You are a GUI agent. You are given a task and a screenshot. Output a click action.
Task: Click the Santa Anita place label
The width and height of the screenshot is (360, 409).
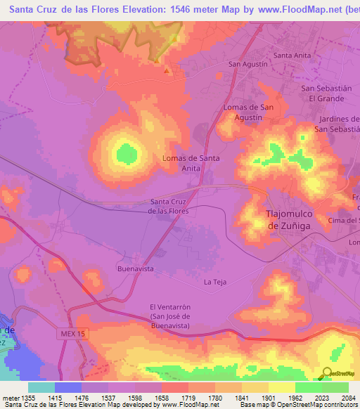pyautogui.click(x=293, y=55)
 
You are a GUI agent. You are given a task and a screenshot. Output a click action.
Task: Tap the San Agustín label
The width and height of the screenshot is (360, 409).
pyautogui.click(x=248, y=64)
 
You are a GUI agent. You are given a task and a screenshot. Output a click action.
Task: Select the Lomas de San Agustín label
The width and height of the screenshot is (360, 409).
pyautogui.click(x=247, y=112)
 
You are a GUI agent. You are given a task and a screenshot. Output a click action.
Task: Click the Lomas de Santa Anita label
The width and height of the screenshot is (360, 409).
pyautogui.click(x=191, y=163)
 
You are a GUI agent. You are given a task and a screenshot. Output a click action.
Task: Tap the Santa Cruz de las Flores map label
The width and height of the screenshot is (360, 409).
pyautogui.click(x=169, y=206)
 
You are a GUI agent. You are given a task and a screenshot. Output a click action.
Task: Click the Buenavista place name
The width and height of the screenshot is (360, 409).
pyautogui.click(x=135, y=268)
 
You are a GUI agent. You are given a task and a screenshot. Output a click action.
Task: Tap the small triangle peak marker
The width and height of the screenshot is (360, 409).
pyautogui.click(x=167, y=70)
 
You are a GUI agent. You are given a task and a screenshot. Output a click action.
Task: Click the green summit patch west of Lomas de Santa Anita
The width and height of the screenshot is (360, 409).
pyautogui.click(x=126, y=152)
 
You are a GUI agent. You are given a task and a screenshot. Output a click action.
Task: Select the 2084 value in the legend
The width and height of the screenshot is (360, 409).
pyautogui.click(x=340, y=397)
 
